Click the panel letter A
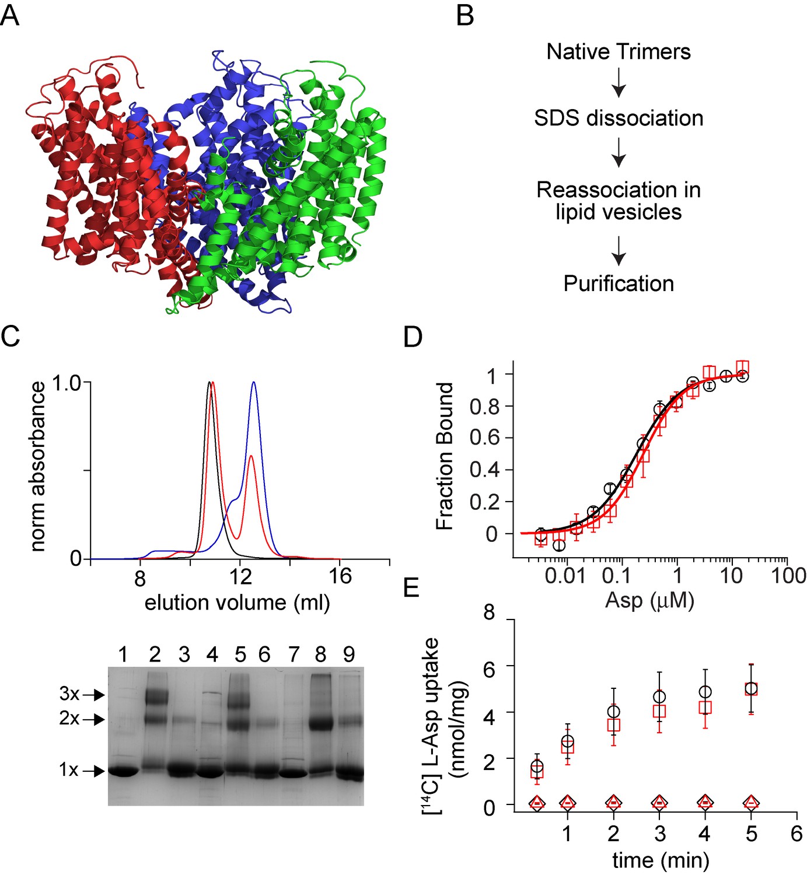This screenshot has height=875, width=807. pyautogui.click(x=10, y=15)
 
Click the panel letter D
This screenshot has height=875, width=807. pyautogui.click(x=413, y=337)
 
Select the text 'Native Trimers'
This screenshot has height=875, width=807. pyautogui.click(x=619, y=52)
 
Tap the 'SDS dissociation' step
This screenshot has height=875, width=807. pyautogui.click(x=619, y=118)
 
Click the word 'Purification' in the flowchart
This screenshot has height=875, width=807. pyautogui.click(x=619, y=283)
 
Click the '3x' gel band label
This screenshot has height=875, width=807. pyautogui.click(x=69, y=694)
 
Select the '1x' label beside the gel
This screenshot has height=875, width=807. pyautogui.click(x=68, y=770)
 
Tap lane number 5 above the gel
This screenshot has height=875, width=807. pyautogui.click(x=240, y=654)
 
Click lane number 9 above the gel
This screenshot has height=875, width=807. pyautogui.click(x=349, y=654)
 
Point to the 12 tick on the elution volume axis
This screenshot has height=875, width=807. pyautogui.click(x=240, y=577)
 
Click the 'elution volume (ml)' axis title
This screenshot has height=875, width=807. pyautogui.click(x=237, y=602)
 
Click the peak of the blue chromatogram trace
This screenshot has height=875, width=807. pyautogui.click(x=254, y=383)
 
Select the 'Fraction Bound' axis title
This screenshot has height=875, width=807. pyautogui.click(x=445, y=456)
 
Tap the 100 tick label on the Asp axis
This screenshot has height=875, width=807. pyautogui.click(x=788, y=575)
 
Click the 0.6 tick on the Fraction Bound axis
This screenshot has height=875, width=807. pyautogui.click(x=484, y=438)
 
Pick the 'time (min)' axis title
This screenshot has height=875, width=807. pyautogui.click(x=661, y=860)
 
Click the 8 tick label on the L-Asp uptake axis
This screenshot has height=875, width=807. pyautogui.click(x=489, y=613)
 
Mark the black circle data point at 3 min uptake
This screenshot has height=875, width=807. pyautogui.click(x=659, y=697)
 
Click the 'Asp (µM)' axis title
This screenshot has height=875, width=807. pyautogui.click(x=649, y=600)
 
